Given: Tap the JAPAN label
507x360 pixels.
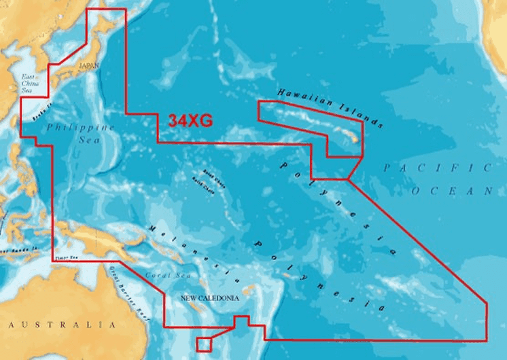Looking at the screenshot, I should click(x=89, y=65).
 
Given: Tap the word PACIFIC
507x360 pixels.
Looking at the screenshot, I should click(x=436, y=168).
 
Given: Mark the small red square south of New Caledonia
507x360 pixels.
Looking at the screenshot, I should click(x=204, y=344).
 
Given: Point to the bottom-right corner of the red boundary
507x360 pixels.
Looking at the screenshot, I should click(x=487, y=340).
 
